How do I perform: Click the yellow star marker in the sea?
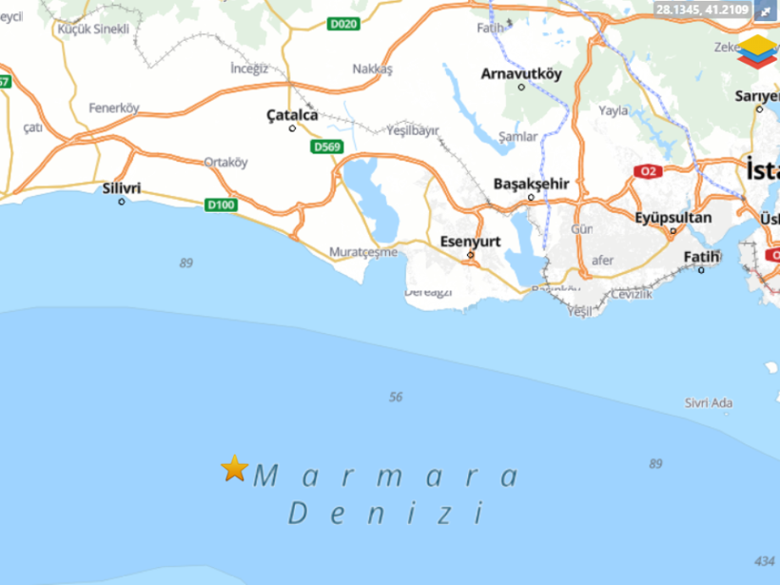click(234, 468)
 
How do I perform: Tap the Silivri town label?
click(121, 188)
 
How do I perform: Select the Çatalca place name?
click(292, 115)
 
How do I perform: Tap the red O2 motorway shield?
click(650, 171)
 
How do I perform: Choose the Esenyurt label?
click(471, 242)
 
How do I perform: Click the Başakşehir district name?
click(531, 184)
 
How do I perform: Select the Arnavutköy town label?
click(522, 73)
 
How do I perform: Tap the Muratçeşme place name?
click(361, 252)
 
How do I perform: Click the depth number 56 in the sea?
click(397, 397)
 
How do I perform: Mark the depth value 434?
click(763, 560)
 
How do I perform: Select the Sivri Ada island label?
click(709, 403)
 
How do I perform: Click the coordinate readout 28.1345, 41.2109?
click(702, 10)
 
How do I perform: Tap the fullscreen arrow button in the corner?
click(767, 11)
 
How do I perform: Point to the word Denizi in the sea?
click(386, 515)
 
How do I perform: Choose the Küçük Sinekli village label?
click(93, 29)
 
